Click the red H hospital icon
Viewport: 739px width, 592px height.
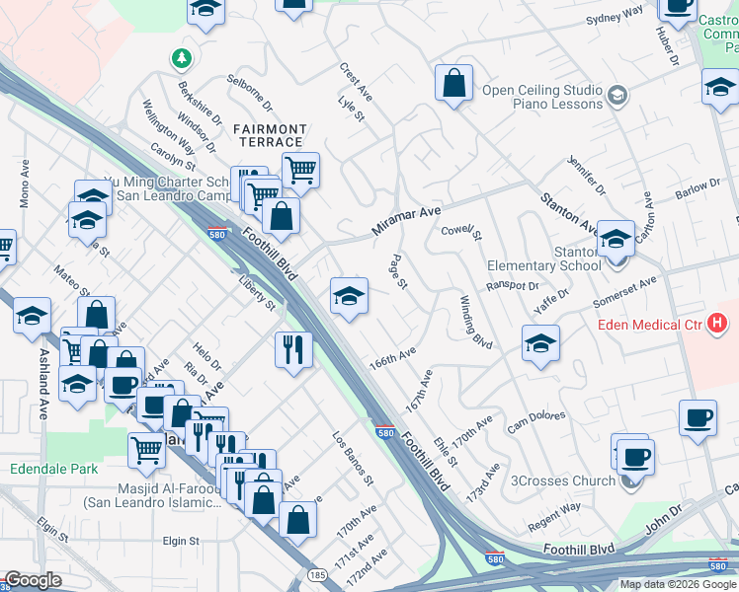[718, 323]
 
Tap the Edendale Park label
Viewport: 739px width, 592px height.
[54, 469]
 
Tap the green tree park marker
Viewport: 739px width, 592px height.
[181, 60]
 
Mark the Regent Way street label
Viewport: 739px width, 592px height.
[554, 509]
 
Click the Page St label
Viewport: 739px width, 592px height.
[399, 272]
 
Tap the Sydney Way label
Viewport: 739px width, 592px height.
[614, 16]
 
